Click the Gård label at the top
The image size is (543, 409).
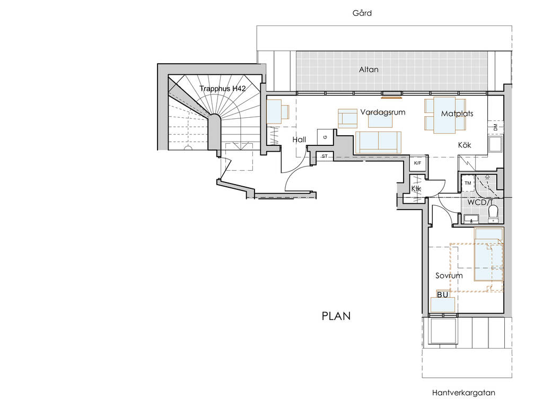coord(362,13)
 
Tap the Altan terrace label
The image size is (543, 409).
coord(369,69)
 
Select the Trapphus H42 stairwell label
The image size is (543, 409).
coord(223,89)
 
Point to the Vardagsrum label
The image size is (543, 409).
coord(383,112)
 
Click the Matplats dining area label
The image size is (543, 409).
coord(457,114)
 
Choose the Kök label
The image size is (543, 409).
coord(465,145)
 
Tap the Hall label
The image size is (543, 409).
coord(299,140)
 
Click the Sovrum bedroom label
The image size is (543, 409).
coord(449,276)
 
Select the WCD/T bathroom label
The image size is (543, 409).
coord(480,202)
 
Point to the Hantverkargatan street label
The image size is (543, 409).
coord(463,393)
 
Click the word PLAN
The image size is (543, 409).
coord(336,316)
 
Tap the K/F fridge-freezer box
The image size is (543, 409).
coord(418,163)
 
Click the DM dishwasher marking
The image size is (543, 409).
coord(495,127)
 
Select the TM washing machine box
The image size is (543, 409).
coord(468,183)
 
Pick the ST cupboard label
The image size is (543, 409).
coord(325,156)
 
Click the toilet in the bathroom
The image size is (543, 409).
coord(493,214)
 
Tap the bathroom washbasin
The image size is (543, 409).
coord(471,219)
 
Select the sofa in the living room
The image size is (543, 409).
coord(378,142)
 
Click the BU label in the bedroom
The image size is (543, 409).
coord(443,295)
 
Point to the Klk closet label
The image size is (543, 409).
coord(416,189)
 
